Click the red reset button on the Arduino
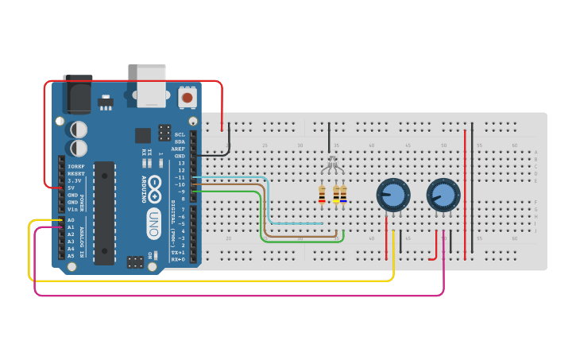click(x=187, y=98)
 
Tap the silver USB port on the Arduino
click(x=151, y=85)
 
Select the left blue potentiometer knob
click(x=393, y=194)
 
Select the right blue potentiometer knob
click(x=443, y=194)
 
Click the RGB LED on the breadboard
click(x=332, y=165)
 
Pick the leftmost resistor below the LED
click(x=322, y=194)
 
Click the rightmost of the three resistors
click(x=343, y=194)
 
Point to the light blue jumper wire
click(x=268, y=203)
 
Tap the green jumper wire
click(x=261, y=219)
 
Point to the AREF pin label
click(x=180, y=149)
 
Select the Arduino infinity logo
click(x=155, y=188)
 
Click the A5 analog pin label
click(x=71, y=256)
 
